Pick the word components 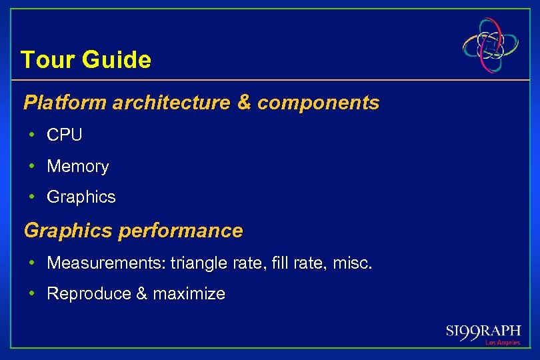(318, 103)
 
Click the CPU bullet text (65, 135)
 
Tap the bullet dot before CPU (32, 135)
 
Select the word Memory (77, 166)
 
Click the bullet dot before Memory (32, 167)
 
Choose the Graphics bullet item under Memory (81, 197)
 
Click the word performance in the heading (180, 231)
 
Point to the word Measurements (106, 263)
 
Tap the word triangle (199, 264)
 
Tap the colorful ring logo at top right (491, 45)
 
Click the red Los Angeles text (502, 343)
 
